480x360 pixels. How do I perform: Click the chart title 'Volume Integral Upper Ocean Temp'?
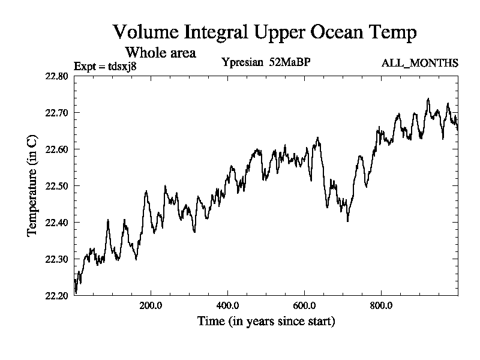tap(264, 32)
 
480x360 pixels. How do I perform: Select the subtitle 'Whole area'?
tap(160, 53)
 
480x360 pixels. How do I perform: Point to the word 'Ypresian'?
tap(242, 62)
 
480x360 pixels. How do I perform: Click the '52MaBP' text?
tap(290, 62)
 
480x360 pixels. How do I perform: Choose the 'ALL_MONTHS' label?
tap(420, 62)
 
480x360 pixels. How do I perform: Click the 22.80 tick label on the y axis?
tap(57, 76)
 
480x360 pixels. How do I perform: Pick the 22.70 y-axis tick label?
tap(57, 113)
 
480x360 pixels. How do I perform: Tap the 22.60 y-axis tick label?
tap(57, 149)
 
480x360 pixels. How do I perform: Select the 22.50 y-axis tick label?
tap(57, 186)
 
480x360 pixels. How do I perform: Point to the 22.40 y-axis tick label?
tap(57, 223)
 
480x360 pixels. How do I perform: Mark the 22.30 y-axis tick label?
tap(57, 259)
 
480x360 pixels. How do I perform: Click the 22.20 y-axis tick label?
tap(57, 295)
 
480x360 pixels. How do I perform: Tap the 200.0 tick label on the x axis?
tap(151, 305)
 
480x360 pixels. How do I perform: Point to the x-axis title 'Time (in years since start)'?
tap(266, 322)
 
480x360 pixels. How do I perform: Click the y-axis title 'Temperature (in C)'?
tap(32, 186)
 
